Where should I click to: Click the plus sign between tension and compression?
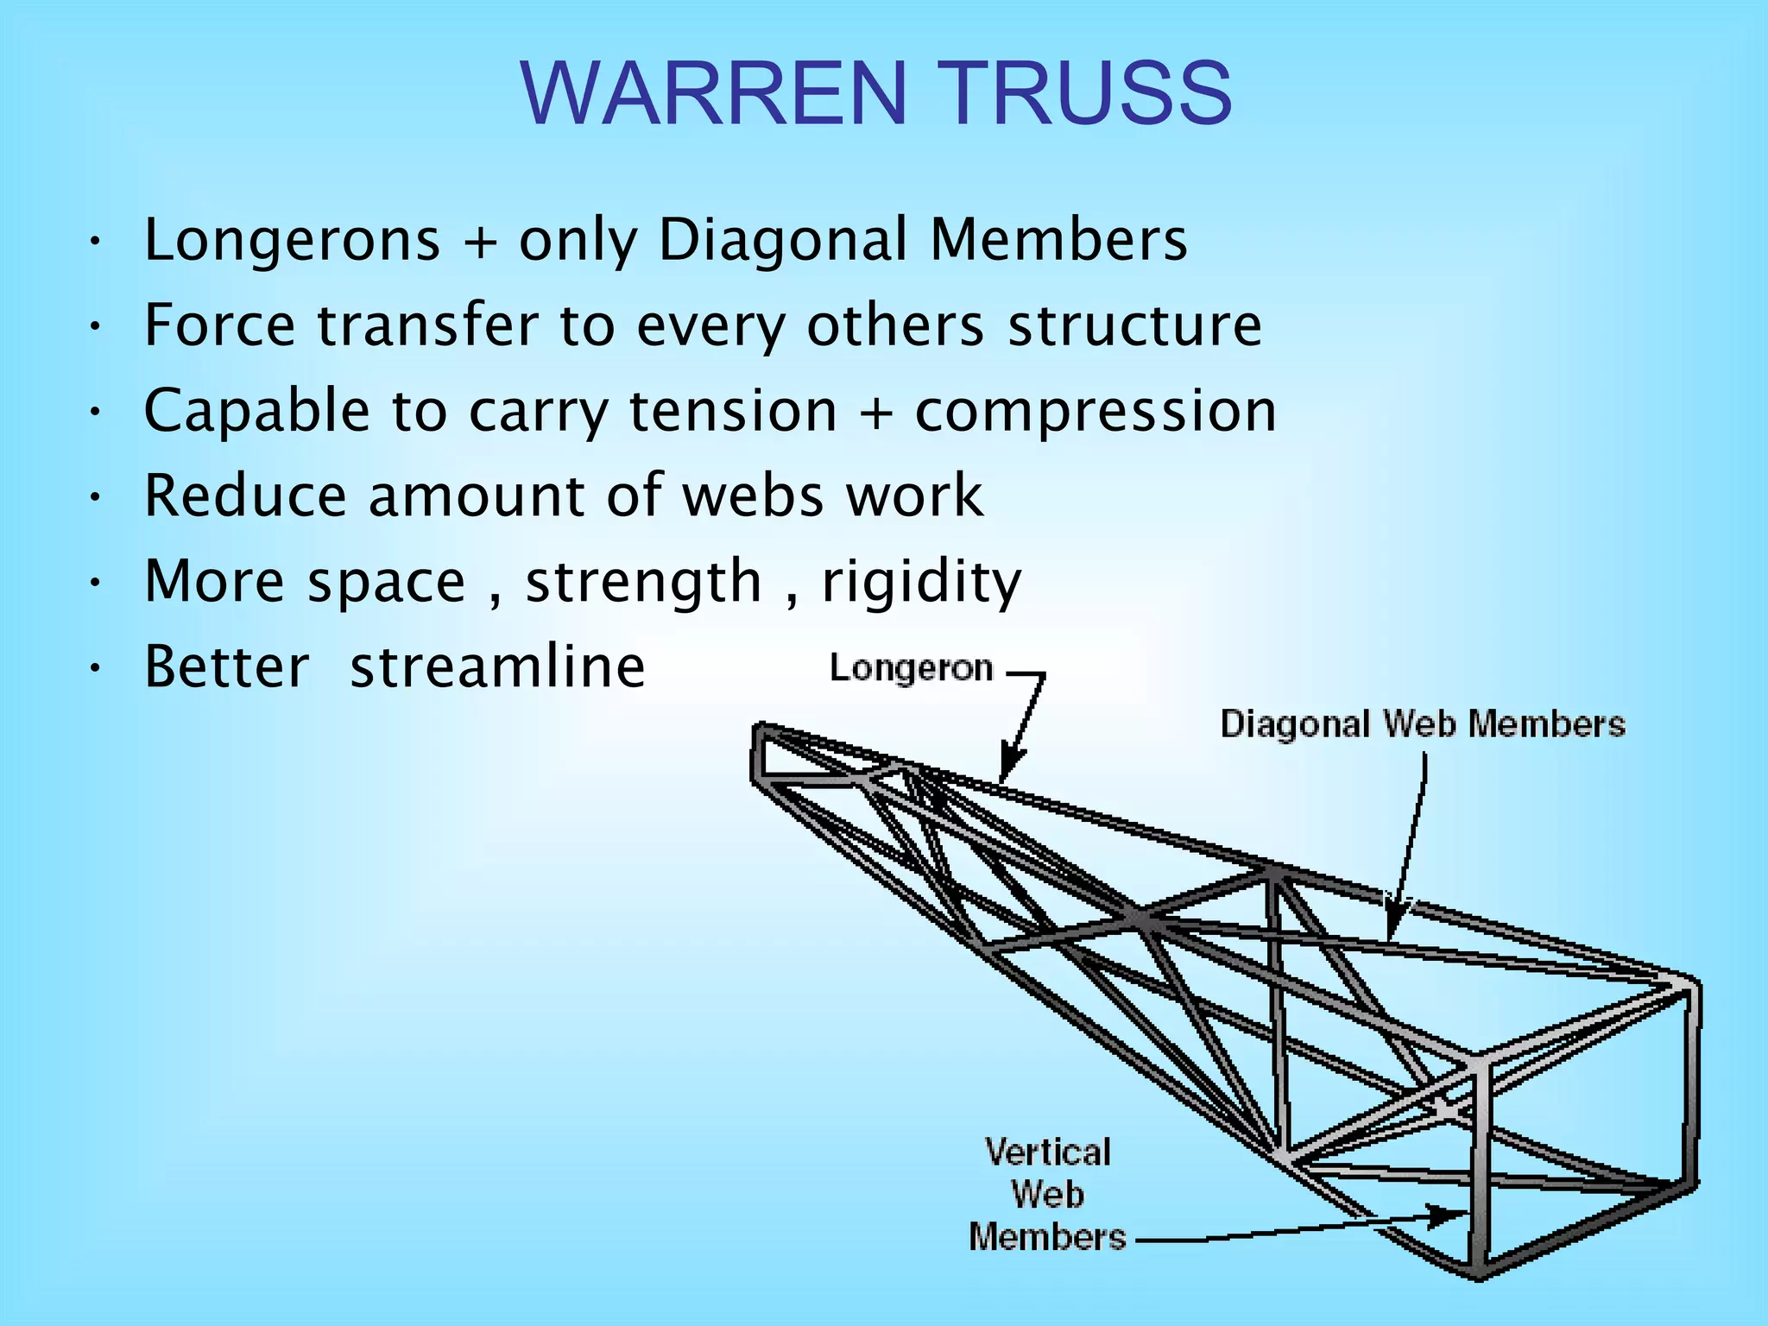pos(876,412)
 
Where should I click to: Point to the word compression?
pos(1095,412)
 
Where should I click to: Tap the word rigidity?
pos(921,582)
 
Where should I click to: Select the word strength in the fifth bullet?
pos(643,582)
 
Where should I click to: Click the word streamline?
pos(497,667)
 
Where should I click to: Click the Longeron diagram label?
pos(911,669)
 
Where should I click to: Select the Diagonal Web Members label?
pos(1422,723)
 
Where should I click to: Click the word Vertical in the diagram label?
pos(1047,1152)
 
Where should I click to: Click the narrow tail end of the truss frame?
pos(760,753)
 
